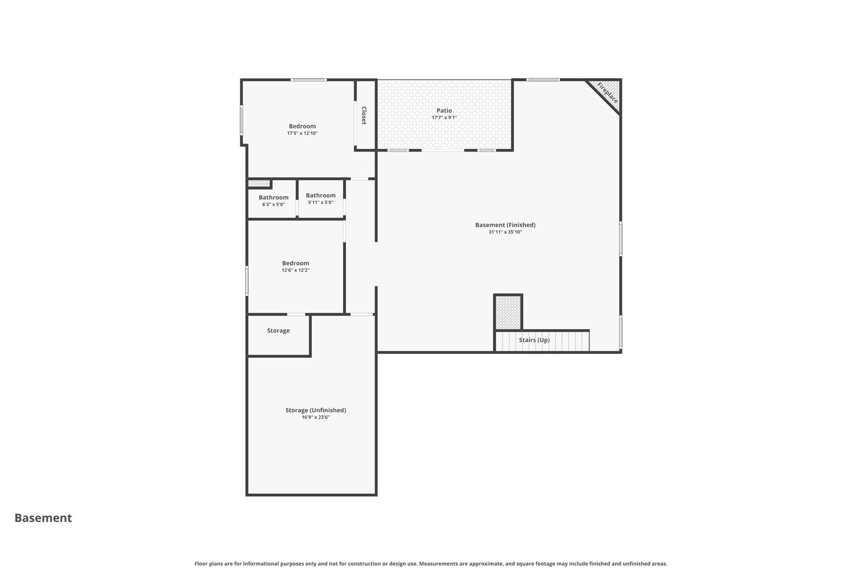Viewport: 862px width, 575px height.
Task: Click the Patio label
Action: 444,111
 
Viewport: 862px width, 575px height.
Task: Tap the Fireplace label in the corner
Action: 607,93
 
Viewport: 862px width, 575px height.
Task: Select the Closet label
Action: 364,115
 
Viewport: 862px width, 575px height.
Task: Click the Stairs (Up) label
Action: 534,340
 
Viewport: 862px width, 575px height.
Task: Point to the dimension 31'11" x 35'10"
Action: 505,232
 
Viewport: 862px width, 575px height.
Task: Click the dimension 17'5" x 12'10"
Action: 302,134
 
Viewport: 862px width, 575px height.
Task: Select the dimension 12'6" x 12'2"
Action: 295,270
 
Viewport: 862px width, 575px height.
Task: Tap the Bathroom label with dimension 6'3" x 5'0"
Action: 274,198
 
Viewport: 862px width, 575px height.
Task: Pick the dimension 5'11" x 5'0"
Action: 320,203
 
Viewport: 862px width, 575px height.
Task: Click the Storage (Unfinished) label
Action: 316,410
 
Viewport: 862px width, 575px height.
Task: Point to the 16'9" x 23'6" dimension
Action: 316,417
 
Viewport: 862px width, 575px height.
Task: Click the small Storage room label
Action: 278,331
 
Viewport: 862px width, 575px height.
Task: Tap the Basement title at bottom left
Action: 43,518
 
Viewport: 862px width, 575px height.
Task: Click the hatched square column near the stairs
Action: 508,312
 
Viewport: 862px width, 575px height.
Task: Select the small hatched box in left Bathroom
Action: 259,184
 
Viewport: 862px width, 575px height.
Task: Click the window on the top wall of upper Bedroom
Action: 309,80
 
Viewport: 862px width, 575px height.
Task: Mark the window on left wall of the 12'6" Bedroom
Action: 247,281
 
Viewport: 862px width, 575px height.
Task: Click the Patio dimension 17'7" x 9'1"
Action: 444,118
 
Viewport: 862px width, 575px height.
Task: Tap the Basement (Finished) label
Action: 505,225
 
